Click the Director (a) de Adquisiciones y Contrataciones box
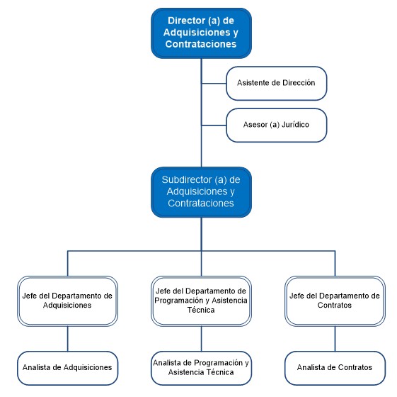(201, 33)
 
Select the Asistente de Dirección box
(276, 83)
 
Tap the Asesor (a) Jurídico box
(276, 125)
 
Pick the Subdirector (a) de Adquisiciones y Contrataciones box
(201, 192)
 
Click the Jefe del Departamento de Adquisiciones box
(68, 301)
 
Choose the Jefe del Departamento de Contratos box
(335, 301)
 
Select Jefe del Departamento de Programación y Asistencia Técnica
(201, 301)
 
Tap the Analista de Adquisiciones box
(68, 368)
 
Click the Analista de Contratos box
(335, 368)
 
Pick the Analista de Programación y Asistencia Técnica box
(201, 368)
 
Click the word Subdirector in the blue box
(187, 179)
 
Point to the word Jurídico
(295, 125)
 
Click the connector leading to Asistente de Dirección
(214, 83)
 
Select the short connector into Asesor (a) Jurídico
(214, 125)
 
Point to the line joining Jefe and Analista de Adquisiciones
(68, 339)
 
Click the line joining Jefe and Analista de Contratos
(335, 339)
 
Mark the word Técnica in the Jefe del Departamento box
(201, 310)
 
